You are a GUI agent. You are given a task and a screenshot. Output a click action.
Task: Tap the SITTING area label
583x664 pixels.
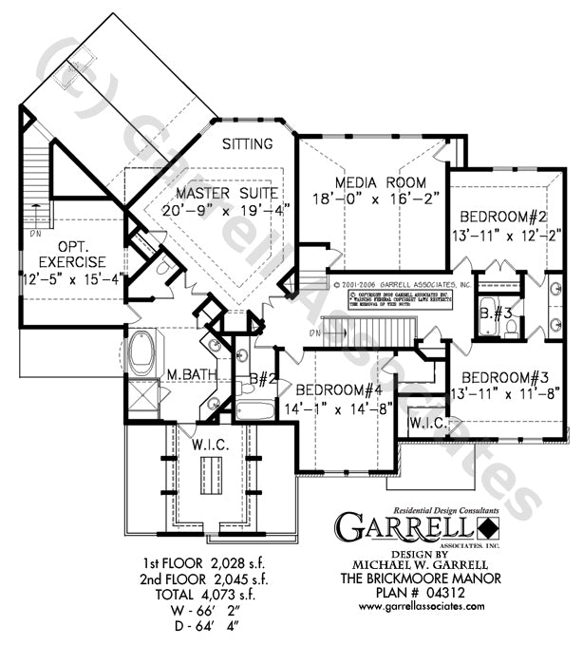pyautogui.click(x=248, y=144)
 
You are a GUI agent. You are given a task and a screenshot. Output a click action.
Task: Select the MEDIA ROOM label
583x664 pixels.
pyautogui.click(x=380, y=182)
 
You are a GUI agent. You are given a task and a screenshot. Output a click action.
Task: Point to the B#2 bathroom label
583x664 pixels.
pyautogui.click(x=261, y=381)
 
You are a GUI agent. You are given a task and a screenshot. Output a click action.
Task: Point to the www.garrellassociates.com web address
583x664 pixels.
pyautogui.click(x=419, y=605)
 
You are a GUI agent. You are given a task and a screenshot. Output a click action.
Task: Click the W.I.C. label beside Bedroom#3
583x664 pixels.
pyautogui.click(x=428, y=422)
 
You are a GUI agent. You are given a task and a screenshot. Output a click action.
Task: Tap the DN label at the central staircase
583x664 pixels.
pyautogui.click(x=315, y=332)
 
